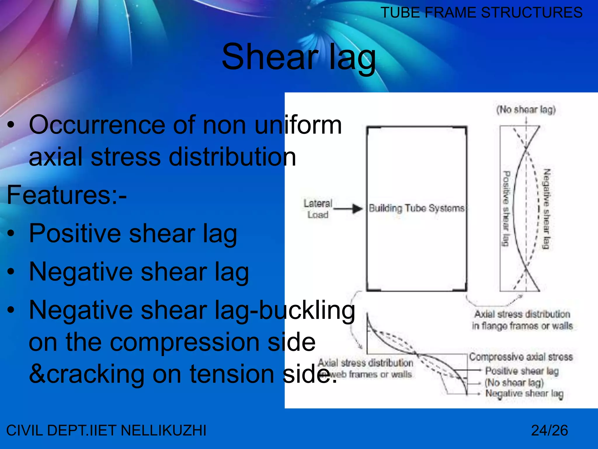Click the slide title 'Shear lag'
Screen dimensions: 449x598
click(x=298, y=57)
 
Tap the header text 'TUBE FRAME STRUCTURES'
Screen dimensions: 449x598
click(x=481, y=13)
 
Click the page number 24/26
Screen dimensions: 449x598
click(x=549, y=430)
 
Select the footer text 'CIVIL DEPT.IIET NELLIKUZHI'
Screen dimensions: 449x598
click(x=106, y=430)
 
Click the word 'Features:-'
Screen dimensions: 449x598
click(x=67, y=195)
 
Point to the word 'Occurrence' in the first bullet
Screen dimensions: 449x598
click(x=97, y=125)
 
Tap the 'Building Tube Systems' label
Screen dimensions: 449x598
click(x=416, y=208)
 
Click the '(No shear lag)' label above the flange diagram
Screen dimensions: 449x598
click(x=526, y=110)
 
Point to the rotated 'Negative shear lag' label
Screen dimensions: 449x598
click(x=546, y=209)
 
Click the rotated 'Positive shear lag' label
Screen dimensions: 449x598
click(x=506, y=209)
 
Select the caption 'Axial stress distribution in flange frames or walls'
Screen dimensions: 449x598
click(x=522, y=320)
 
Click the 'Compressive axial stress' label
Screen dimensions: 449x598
click(x=521, y=357)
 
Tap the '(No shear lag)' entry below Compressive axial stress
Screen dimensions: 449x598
click(x=514, y=382)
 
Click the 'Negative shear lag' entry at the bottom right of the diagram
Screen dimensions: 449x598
click(x=524, y=394)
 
